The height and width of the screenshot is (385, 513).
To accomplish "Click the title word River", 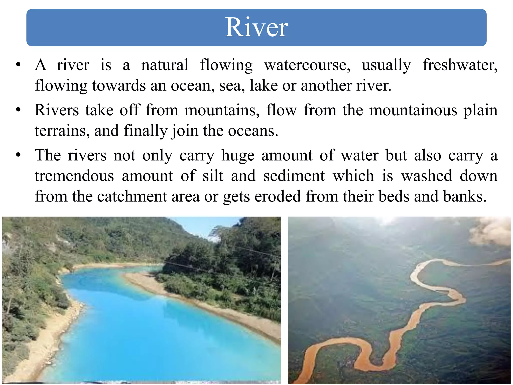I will pos(256,27).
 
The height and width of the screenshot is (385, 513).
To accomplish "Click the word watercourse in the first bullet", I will pos(307,65).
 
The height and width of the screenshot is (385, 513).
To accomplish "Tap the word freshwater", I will pos(460,65).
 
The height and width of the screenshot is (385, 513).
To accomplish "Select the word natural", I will pos(165,65).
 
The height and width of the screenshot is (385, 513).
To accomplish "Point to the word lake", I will pos(264,86).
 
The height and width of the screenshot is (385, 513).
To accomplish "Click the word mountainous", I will pos(413,110).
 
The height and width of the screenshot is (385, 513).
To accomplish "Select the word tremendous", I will pos(74,176).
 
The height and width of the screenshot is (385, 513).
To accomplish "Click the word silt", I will pos(213,176).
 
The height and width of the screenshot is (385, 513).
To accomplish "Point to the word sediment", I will pos(294,176).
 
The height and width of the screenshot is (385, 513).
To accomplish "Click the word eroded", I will pos(278,196).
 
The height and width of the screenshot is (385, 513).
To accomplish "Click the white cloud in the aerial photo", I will pos(491,232).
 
